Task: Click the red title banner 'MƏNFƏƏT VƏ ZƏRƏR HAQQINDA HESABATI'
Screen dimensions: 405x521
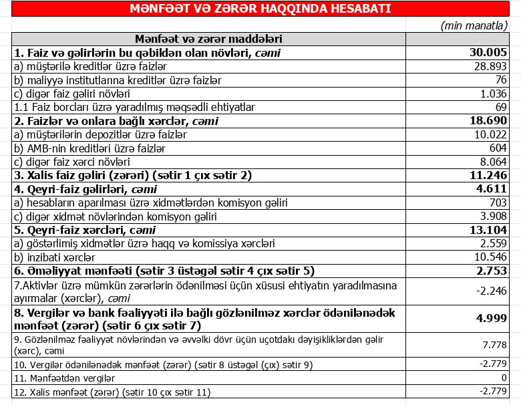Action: [x=260, y=9]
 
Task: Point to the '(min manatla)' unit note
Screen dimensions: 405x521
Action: [x=474, y=25]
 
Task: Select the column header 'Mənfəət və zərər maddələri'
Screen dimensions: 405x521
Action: [x=208, y=39]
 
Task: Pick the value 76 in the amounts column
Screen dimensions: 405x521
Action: [x=501, y=80]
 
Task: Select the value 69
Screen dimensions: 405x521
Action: [x=501, y=107]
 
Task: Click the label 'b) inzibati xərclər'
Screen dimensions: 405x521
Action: [x=55, y=257]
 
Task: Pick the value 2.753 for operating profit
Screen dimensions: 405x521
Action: [x=491, y=271]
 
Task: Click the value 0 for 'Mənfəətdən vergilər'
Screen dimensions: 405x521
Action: [x=504, y=378]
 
